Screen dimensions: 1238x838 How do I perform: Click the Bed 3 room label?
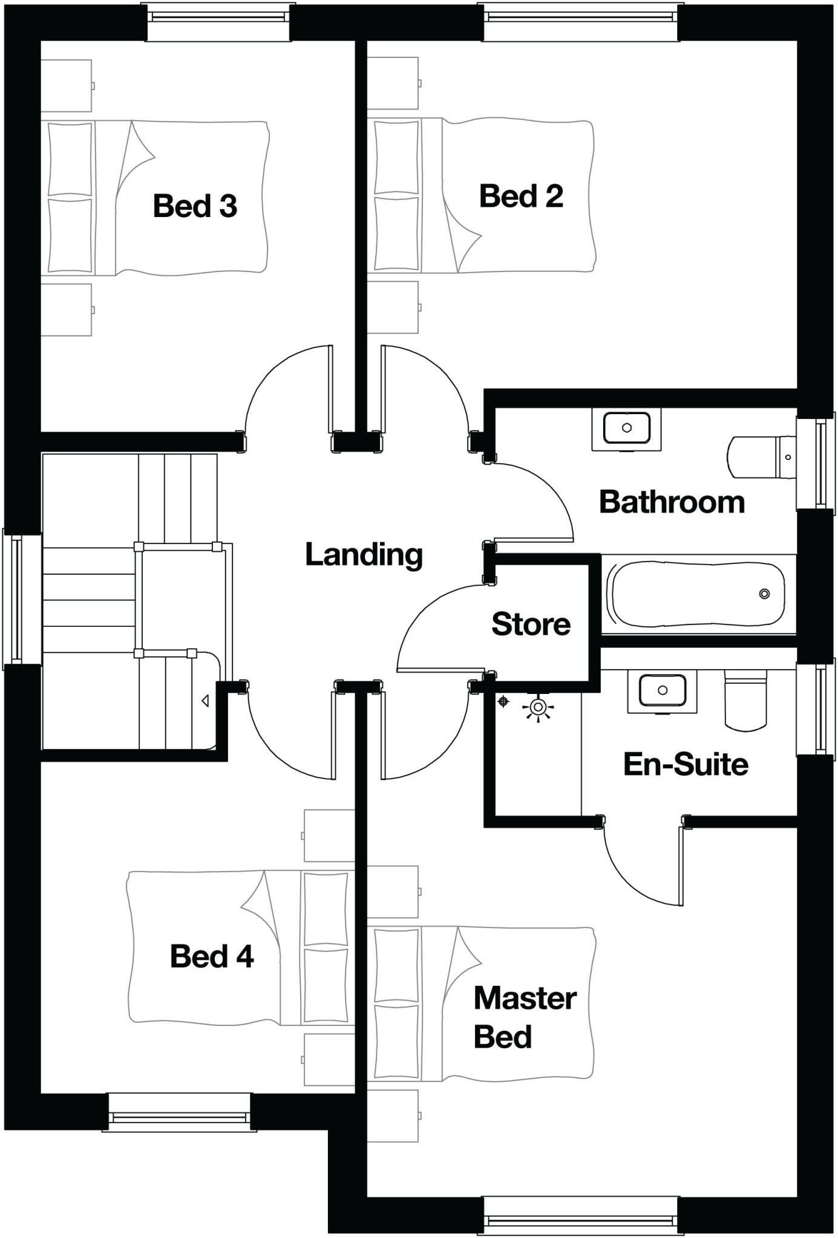click(x=195, y=206)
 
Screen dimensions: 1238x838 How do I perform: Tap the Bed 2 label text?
click(x=521, y=196)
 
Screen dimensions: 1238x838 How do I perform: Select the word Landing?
click(x=364, y=555)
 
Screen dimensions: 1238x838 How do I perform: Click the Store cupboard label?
click(x=531, y=624)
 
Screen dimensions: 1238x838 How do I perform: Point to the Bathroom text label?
click(x=672, y=502)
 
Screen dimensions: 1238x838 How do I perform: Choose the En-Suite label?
click(x=686, y=765)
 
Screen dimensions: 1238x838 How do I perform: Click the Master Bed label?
click(x=524, y=1017)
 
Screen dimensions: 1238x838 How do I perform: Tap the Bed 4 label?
click(x=212, y=956)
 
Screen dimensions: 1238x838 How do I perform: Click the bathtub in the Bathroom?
click(x=699, y=594)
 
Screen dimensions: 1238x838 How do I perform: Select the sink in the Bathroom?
click(x=627, y=428)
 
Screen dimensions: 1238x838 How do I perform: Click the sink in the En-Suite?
click(x=663, y=690)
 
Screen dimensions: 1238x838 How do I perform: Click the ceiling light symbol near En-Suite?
click(x=538, y=707)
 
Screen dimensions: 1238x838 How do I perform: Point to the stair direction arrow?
click(x=205, y=701)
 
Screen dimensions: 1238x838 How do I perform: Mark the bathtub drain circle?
click(x=764, y=594)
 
